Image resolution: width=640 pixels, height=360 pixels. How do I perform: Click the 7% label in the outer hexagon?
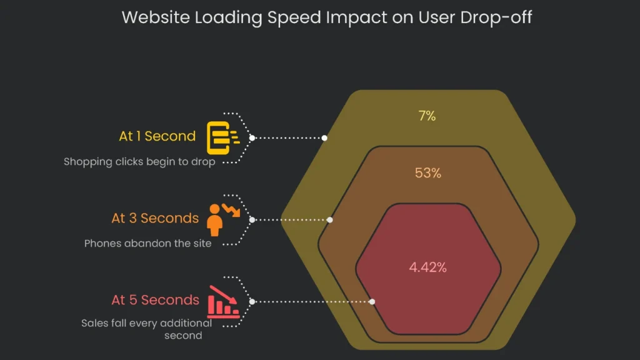[427, 116]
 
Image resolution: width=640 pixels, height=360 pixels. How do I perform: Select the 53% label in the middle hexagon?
[428, 173]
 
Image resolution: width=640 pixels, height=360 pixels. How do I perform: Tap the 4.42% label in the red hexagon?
[428, 267]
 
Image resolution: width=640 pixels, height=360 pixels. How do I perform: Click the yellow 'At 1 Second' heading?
[157, 136]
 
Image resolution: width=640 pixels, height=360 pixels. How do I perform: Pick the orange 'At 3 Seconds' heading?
[155, 218]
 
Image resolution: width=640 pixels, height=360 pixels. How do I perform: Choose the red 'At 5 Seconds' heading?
[156, 300]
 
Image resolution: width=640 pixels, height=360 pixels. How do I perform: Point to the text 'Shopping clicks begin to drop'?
[139, 161]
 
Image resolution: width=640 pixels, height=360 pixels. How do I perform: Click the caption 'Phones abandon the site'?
[148, 243]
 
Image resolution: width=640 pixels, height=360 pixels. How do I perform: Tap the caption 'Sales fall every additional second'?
[147, 329]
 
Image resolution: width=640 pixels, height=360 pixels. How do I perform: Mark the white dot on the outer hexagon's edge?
[325, 137]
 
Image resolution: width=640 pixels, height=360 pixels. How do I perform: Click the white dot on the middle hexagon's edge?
[330, 219]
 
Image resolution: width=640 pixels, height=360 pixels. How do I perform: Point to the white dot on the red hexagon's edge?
[372, 301]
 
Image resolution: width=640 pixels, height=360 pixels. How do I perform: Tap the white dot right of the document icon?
[252, 137]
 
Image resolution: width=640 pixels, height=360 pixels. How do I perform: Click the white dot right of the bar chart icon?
[252, 301]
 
